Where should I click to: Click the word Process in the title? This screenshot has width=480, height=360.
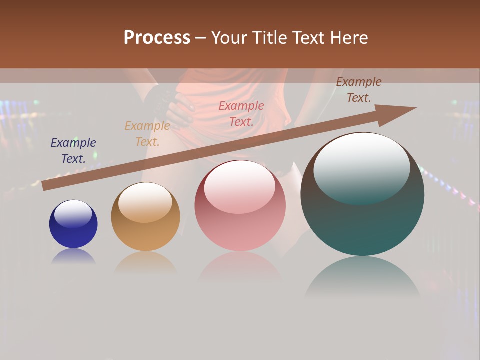[x=157, y=38]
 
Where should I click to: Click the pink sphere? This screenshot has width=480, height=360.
[x=240, y=220]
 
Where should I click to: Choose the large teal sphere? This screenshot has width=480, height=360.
[x=362, y=220]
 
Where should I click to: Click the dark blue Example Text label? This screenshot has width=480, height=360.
[x=73, y=150]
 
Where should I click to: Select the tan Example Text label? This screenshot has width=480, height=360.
[x=147, y=134]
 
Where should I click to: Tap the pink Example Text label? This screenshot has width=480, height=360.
[x=241, y=113]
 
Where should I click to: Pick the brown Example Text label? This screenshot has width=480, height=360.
[x=359, y=90]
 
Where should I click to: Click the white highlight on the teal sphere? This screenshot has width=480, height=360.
[x=362, y=167]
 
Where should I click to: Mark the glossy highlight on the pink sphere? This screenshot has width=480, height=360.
[x=239, y=187]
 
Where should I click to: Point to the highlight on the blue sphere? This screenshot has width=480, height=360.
[x=73, y=214]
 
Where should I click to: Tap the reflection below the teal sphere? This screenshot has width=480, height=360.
[x=362, y=277]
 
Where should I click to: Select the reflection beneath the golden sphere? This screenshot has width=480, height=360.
[x=145, y=263]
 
